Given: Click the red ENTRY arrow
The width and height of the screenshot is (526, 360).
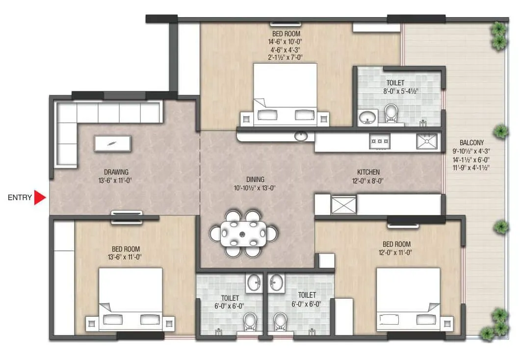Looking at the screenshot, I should tap(40, 198).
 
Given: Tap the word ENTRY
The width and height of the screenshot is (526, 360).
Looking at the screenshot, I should tap(20, 198).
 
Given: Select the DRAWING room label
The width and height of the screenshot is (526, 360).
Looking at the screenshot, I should tap(116, 172).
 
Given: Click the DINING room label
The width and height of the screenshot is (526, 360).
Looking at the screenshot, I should tap(255, 180).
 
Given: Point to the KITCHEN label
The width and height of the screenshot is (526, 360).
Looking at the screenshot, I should tap(368, 173).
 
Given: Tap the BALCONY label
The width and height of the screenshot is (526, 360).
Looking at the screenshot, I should tap(472, 143).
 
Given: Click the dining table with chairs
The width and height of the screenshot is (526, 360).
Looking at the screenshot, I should tap(244, 233).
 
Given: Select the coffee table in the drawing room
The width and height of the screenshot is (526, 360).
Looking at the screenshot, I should tap(113, 143).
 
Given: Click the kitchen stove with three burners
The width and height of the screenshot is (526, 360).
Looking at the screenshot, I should tap(380, 141).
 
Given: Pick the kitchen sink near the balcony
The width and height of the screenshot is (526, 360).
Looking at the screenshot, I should tap(427, 141).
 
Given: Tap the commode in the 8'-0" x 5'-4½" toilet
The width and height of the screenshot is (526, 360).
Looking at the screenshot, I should tap(391, 113).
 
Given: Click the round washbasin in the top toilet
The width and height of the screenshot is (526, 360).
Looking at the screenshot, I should tap(367, 117).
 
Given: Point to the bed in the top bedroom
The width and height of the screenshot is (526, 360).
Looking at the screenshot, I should tap(285, 93).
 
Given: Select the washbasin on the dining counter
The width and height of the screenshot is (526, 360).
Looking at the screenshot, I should tap(299, 135).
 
